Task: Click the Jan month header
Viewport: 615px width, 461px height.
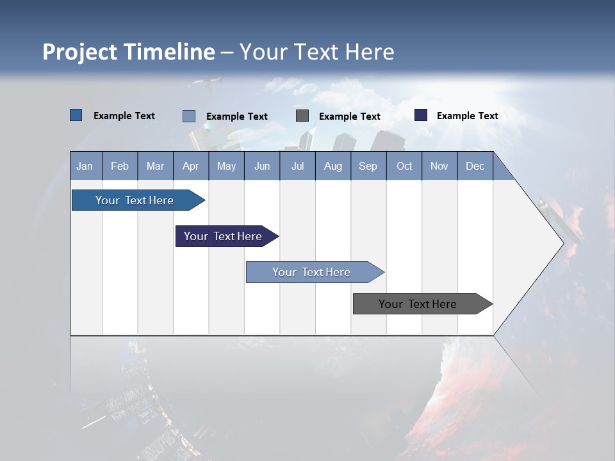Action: (x=85, y=166)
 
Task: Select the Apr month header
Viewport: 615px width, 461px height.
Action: (x=190, y=166)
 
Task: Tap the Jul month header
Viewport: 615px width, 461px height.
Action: (x=297, y=166)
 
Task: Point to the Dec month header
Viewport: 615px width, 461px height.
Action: (x=475, y=166)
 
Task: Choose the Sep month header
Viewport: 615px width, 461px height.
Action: (x=368, y=166)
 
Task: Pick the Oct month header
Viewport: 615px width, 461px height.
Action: (x=404, y=166)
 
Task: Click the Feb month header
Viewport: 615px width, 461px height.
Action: (x=120, y=166)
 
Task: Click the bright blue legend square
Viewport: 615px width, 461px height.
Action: (x=76, y=115)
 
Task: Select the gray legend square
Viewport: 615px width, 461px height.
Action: (x=302, y=116)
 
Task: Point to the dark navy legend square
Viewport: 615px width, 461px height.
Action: (x=421, y=115)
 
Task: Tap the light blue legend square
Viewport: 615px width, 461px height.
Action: (x=189, y=116)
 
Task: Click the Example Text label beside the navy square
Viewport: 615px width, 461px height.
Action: (x=467, y=116)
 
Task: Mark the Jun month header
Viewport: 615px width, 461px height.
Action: (x=262, y=166)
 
